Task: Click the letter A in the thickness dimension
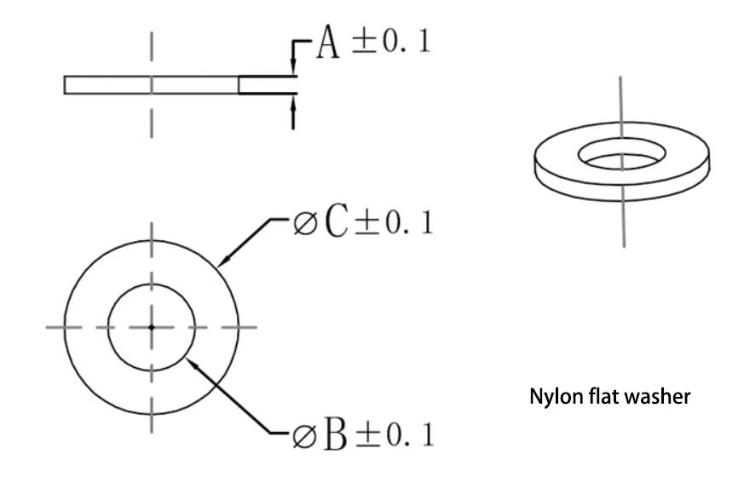click(328, 42)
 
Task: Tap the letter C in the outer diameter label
click(337, 221)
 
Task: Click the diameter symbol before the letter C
click(304, 223)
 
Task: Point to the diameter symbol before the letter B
click(304, 436)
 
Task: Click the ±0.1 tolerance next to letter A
click(391, 41)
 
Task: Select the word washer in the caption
click(657, 396)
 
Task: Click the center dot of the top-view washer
click(152, 327)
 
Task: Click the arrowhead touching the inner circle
click(192, 365)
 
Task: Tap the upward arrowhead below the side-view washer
click(293, 103)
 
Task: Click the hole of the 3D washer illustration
click(621, 153)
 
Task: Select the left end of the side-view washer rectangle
click(65, 85)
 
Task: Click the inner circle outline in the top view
click(108, 327)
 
